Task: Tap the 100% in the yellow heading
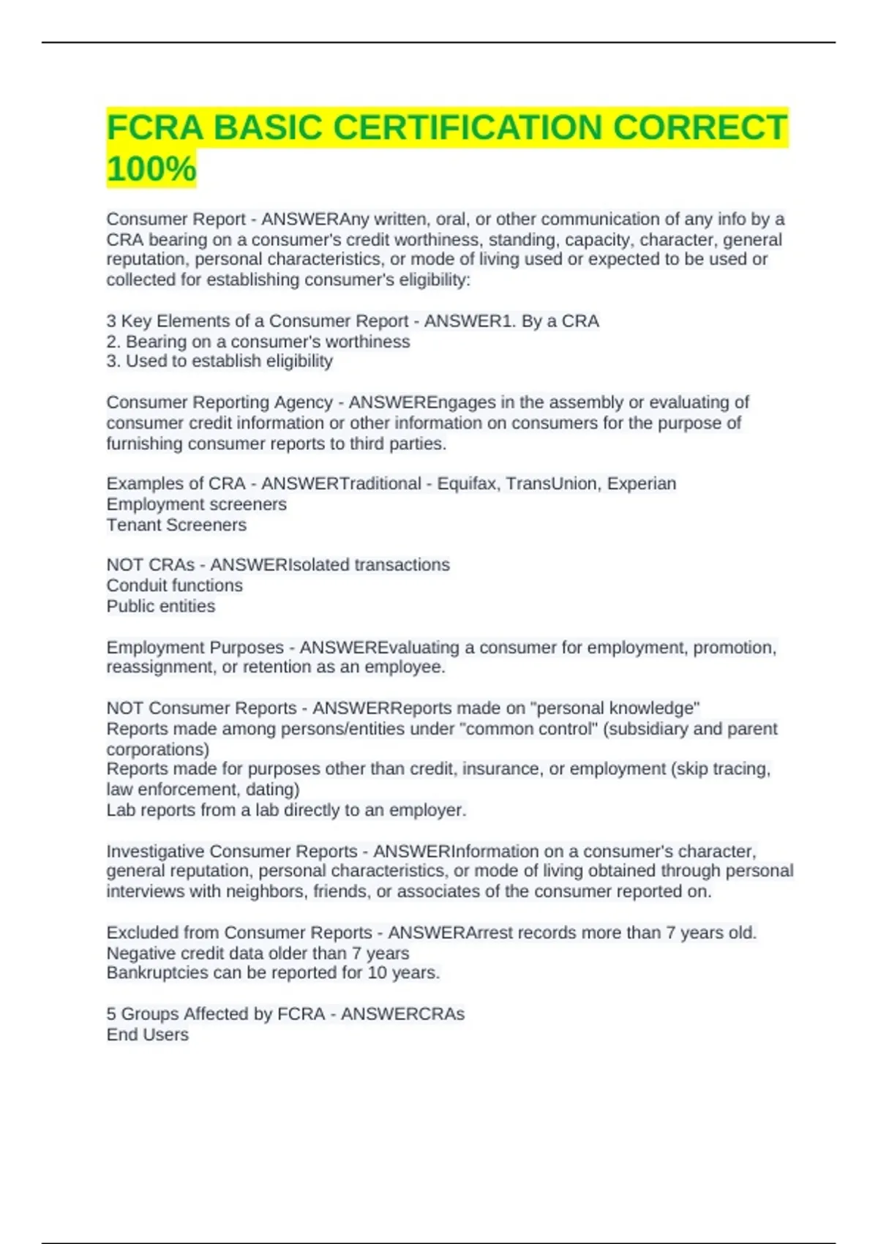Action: (151, 169)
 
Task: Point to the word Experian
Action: (642, 484)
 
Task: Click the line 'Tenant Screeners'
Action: (176, 525)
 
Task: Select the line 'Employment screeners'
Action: (196, 504)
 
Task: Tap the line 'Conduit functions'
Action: (174, 585)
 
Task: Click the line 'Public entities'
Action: (161, 606)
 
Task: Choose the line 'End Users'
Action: (147, 1035)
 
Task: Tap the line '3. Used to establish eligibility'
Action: (219, 361)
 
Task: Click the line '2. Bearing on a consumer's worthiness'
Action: (258, 342)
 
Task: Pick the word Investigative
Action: (155, 851)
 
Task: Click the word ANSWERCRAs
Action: (402, 1014)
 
